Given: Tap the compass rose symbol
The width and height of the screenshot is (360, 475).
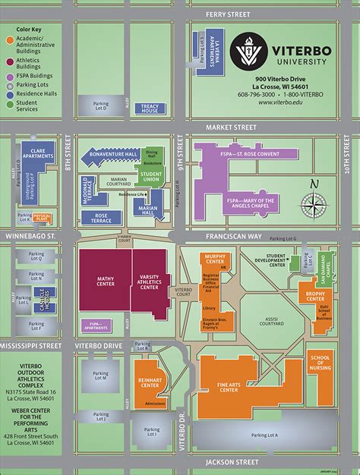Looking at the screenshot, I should [x=313, y=203].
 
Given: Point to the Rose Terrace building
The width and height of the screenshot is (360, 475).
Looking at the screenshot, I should [x=103, y=219].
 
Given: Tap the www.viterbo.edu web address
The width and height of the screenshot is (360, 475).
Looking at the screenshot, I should [x=281, y=102].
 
